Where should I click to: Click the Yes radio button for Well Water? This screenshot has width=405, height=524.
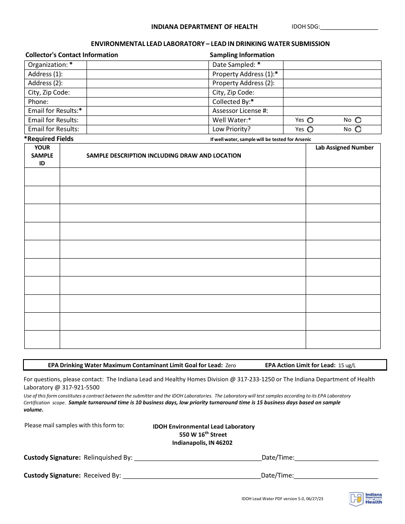(310, 120)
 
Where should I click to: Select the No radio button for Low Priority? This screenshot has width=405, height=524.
(358, 129)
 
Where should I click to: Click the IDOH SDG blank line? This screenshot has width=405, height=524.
(349, 27)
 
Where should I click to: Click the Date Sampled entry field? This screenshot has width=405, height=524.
(332, 65)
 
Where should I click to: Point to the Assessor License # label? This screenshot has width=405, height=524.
(240, 111)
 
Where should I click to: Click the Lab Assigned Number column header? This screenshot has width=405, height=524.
(344, 148)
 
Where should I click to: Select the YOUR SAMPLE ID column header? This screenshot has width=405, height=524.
(42, 155)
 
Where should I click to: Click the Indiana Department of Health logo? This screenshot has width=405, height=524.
(365, 498)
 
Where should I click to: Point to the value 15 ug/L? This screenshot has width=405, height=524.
(347, 366)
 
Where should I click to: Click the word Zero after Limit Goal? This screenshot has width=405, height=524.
(230, 366)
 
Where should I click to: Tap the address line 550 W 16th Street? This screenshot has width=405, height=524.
(203, 435)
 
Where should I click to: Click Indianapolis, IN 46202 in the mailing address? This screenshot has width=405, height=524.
(202, 443)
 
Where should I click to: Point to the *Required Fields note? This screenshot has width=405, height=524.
(49, 139)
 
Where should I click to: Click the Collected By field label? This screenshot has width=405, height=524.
(233, 102)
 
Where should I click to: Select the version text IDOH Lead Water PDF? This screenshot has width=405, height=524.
(281, 498)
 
